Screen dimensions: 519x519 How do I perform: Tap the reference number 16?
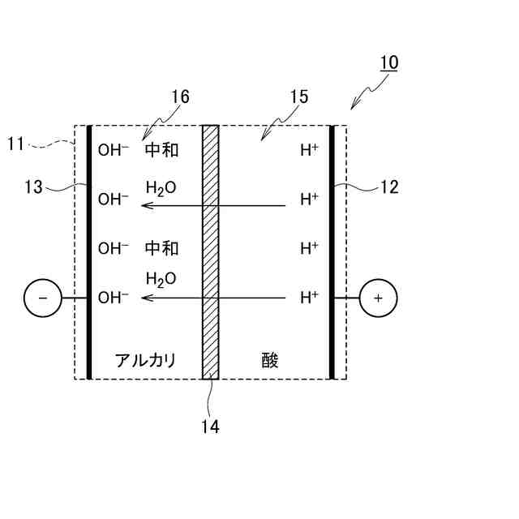[180, 97]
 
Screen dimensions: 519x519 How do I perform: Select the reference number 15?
[298, 97]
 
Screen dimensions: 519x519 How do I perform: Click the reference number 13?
[33, 187]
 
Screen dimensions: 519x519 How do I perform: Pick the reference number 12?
[389, 187]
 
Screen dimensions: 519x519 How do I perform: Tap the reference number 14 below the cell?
[210, 426]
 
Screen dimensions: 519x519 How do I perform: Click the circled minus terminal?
[43, 298]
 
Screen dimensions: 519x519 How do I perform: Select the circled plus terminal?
[378, 298]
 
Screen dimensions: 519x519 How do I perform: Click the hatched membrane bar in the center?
[211, 251]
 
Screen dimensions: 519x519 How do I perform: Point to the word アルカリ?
[145, 360]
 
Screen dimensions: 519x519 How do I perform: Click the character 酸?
[270, 360]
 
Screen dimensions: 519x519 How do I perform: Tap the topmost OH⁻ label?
[114, 150]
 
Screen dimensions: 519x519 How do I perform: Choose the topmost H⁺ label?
[309, 150]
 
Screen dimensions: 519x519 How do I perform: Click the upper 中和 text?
[161, 150]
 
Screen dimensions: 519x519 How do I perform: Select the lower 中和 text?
[161, 247]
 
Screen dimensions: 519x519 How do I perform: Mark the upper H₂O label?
[161, 188]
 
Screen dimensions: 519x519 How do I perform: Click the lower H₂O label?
[161, 279]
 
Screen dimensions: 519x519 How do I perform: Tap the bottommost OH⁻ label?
[114, 298]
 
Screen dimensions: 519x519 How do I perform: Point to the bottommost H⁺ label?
[309, 298]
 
